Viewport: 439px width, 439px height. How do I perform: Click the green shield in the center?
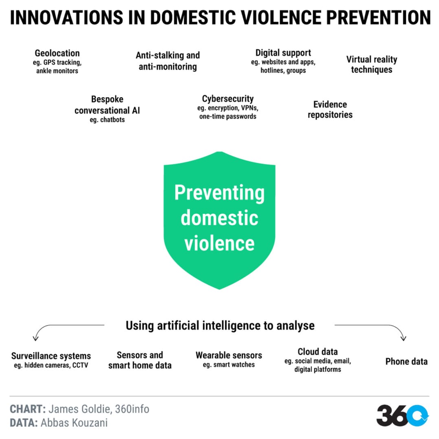tap(219, 220)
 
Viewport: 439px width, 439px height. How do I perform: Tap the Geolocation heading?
tap(57, 53)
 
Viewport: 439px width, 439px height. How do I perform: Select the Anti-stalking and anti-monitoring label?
tap(168, 61)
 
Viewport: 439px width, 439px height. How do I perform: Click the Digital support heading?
tap(283, 52)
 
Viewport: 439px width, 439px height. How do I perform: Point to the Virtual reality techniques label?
tap(372, 64)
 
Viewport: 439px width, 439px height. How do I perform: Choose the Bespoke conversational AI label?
tap(107, 105)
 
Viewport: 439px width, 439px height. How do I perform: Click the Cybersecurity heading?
tap(228, 98)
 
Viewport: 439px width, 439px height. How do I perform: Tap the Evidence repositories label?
tap(330, 109)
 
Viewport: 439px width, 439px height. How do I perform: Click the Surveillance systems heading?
tap(51, 356)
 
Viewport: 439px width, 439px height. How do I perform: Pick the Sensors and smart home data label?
tap(140, 360)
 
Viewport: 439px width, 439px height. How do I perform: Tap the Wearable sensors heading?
tap(229, 355)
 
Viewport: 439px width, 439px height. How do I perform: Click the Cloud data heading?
tap(318, 351)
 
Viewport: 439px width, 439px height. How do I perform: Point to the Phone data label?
tap(406, 361)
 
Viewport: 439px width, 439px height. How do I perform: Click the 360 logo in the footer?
tap(403, 416)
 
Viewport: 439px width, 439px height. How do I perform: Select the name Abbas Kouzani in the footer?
tap(75, 423)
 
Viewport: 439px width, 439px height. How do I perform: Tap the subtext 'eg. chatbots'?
tap(107, 120)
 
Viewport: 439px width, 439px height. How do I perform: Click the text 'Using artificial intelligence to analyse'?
tap(220, 326)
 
